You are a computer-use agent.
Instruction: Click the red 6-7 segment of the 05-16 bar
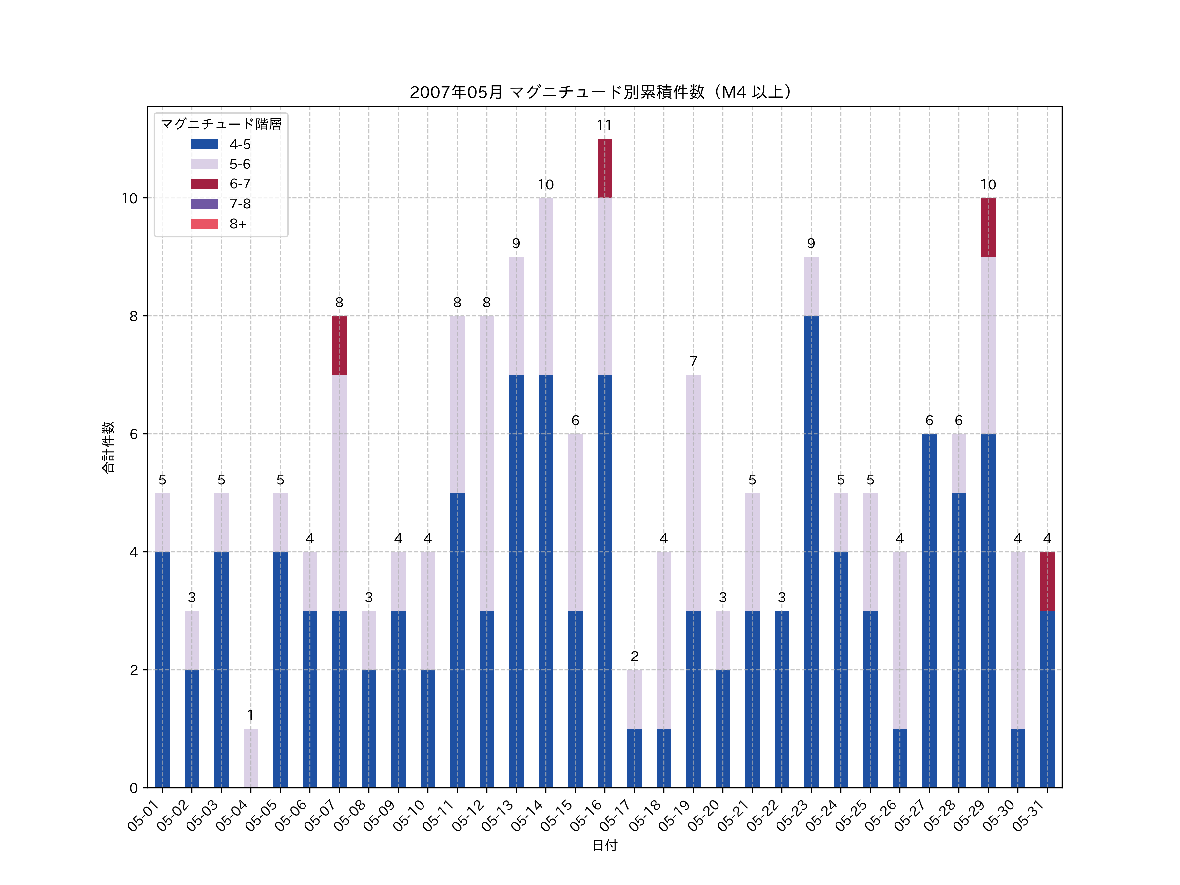click(x=604, y=168)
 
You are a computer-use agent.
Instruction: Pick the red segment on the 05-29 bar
click(x=988, y=227)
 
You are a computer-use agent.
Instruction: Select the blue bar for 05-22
click(x=781, y=699)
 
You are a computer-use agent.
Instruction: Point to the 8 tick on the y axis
click(x=133, y=316)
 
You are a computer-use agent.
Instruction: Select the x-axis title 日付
click(x=604, y=846)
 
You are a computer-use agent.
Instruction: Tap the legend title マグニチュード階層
click(x=221, y=124)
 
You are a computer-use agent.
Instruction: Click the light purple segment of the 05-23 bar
click(x=811, y=286)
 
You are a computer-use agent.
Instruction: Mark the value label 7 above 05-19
click(x=693, y=362)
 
